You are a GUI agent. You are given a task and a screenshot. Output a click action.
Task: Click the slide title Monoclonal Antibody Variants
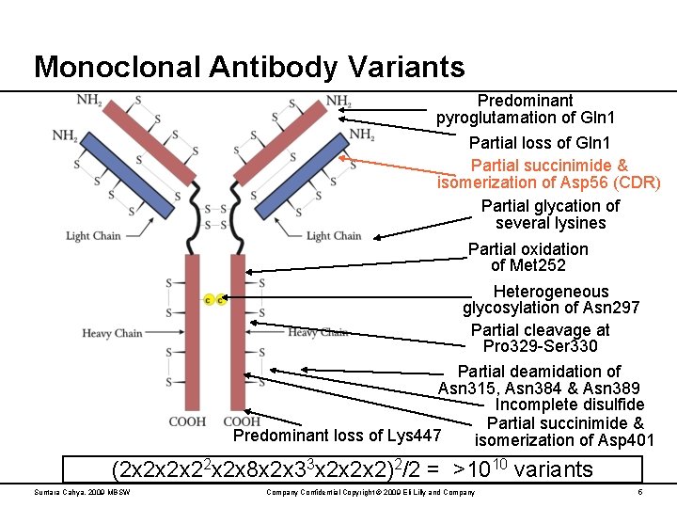point(249,67)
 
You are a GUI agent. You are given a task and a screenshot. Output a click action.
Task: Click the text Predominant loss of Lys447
point(337,436)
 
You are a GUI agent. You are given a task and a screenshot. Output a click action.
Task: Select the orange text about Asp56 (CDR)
point(549,173)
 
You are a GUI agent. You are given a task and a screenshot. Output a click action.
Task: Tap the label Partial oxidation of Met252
point(527,258)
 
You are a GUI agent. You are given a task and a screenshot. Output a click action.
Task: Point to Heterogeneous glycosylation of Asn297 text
point(551,299)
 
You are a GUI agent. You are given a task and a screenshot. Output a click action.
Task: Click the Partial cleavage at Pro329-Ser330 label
point(540,339)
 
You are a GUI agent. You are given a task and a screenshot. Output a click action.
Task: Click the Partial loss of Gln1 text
point(540,143)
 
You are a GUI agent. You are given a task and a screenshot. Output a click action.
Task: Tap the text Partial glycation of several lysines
point(550,214)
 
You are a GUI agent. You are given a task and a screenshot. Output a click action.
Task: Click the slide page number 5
point(639,492)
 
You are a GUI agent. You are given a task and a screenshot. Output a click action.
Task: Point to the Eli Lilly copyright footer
point(370,492)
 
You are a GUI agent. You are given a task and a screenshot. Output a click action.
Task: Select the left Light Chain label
point(93,236)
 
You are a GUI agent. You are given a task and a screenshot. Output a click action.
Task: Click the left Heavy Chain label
point(112,333)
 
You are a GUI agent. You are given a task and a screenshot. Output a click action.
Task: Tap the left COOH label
point(187,421)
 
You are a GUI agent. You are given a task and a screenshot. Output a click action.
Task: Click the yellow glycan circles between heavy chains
point(213,300)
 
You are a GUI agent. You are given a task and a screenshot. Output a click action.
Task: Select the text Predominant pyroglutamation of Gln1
point(526,109)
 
